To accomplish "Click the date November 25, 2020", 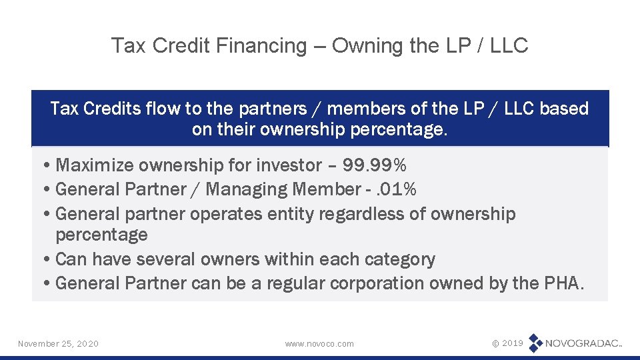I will [x=58, y=343].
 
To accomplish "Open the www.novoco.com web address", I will [x=319, y=343].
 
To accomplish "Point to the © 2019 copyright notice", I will [x=507, y=343].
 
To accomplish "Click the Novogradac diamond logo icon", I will [x=535, y=343].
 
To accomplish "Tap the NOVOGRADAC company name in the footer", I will [x=583, y=343].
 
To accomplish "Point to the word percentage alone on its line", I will [x=101, y=235].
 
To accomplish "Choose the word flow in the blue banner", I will [x=155, y=109].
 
